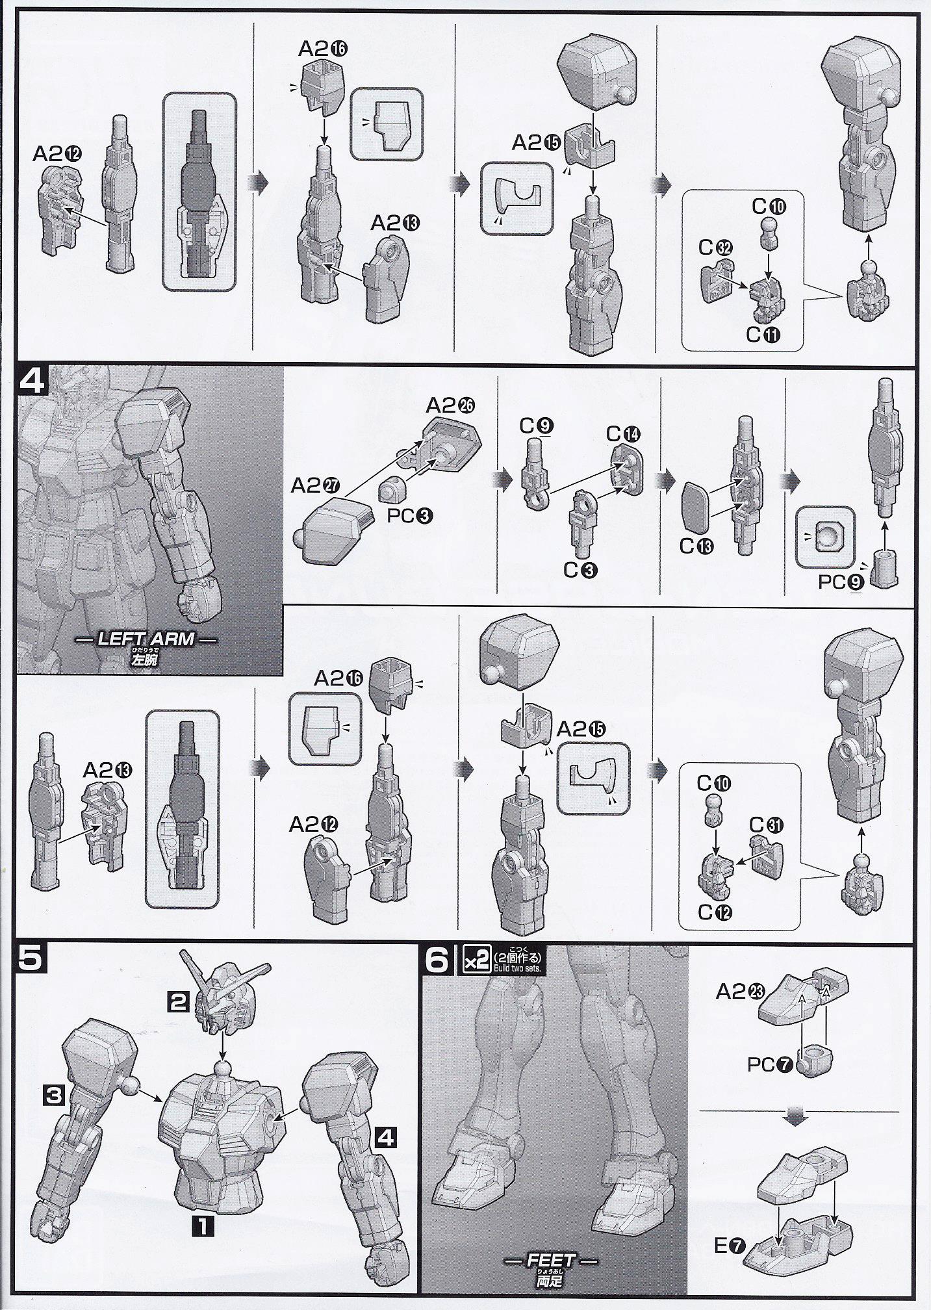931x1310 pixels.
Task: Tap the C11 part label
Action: pos(763,335)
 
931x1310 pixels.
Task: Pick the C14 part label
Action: pos(623,433)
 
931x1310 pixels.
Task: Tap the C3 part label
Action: pos(581,570)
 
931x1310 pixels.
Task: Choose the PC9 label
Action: pos(840,582)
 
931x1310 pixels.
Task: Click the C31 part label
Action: pos(766,825)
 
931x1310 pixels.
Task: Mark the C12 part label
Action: pos(715,912)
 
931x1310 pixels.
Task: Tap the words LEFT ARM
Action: pos(146,638)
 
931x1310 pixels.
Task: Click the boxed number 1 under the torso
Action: pos(203,1226)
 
